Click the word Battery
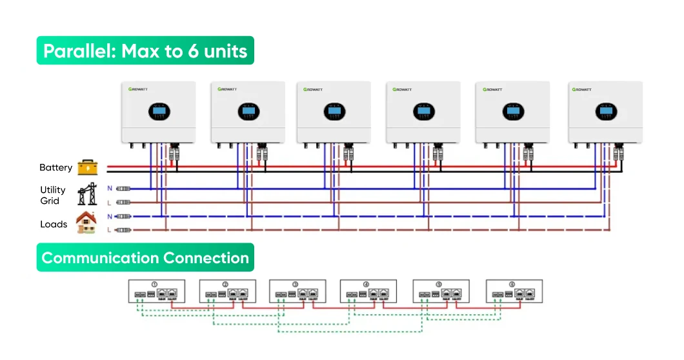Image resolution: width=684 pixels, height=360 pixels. tap(55, 168)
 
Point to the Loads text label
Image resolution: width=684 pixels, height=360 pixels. tap(54, 225)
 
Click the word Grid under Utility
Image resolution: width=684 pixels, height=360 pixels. tap(50, 201)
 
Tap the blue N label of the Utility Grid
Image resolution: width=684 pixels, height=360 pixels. tap(109, 188)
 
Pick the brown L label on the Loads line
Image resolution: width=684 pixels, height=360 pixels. tap(109, 230)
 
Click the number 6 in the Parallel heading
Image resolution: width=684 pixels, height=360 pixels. tap(193, 51)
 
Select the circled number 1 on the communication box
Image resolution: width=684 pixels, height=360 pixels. tap(154, 285)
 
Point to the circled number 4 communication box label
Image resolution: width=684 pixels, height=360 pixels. tap(366, 285)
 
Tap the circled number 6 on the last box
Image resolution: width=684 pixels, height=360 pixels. tap(512, 285)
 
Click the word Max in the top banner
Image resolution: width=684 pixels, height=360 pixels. tap(141, 51)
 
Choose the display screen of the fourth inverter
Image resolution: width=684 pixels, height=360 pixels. tap(423, 112)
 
